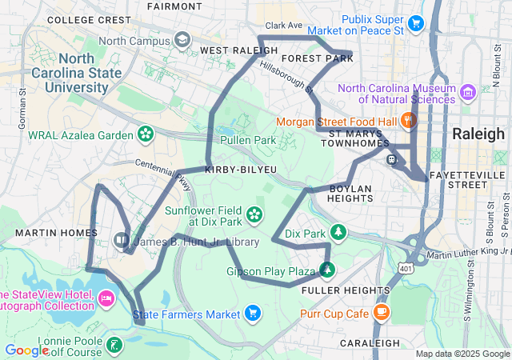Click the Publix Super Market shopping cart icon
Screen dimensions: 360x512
tap(415, 23)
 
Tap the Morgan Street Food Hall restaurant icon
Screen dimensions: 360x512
tap(408, 122)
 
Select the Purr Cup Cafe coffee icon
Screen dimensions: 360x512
tap(382, 313)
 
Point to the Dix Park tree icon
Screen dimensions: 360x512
tap(339, 233)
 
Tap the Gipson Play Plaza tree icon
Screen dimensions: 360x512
tap(326, 270)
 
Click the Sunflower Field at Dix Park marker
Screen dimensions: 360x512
tap(254, 213)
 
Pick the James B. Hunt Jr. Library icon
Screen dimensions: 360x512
tap(121, 240)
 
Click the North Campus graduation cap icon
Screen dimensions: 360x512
tap(182, 40)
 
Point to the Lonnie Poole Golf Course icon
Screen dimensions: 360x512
tap(115, 346)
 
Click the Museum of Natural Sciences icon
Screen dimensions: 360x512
tap(466, 97)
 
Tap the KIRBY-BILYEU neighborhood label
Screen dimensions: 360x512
tap(242, 170)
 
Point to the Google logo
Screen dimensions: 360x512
tap(26, 350)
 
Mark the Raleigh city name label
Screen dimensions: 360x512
tap(478, 134)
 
